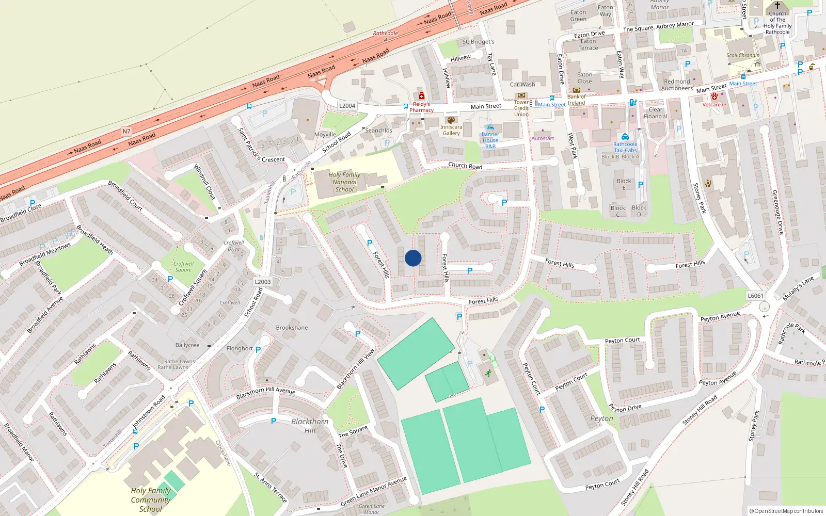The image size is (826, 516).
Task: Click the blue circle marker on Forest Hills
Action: tap(413, 258)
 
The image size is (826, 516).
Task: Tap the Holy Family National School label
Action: tap(344, 182)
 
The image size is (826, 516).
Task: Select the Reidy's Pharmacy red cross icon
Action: tap(422, 95)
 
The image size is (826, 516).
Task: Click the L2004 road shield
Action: tap(347, 106)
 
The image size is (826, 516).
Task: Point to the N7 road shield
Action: tap(126, 132)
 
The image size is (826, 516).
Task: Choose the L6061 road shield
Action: tap(755, 296)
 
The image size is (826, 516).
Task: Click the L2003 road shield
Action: tap(263, 282)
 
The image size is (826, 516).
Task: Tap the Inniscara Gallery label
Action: tap(451, 130)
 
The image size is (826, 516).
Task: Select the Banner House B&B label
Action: tap(490, 140)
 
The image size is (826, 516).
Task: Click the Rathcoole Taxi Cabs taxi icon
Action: tap(625, 137)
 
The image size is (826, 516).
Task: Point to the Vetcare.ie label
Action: tap(714, 105)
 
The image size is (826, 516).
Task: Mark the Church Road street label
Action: tap(465, 166)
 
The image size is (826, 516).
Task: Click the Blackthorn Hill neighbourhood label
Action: tap(310, 426)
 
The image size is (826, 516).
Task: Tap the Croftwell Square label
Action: tap(183, 267)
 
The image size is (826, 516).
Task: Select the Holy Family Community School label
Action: tap(150, 499)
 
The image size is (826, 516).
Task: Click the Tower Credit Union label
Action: tap(521, 108)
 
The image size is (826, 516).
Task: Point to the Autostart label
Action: tap(543, 138)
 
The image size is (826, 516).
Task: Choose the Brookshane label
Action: tap(292, 328)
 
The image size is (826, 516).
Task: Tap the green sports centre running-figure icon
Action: tap(488, 373)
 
